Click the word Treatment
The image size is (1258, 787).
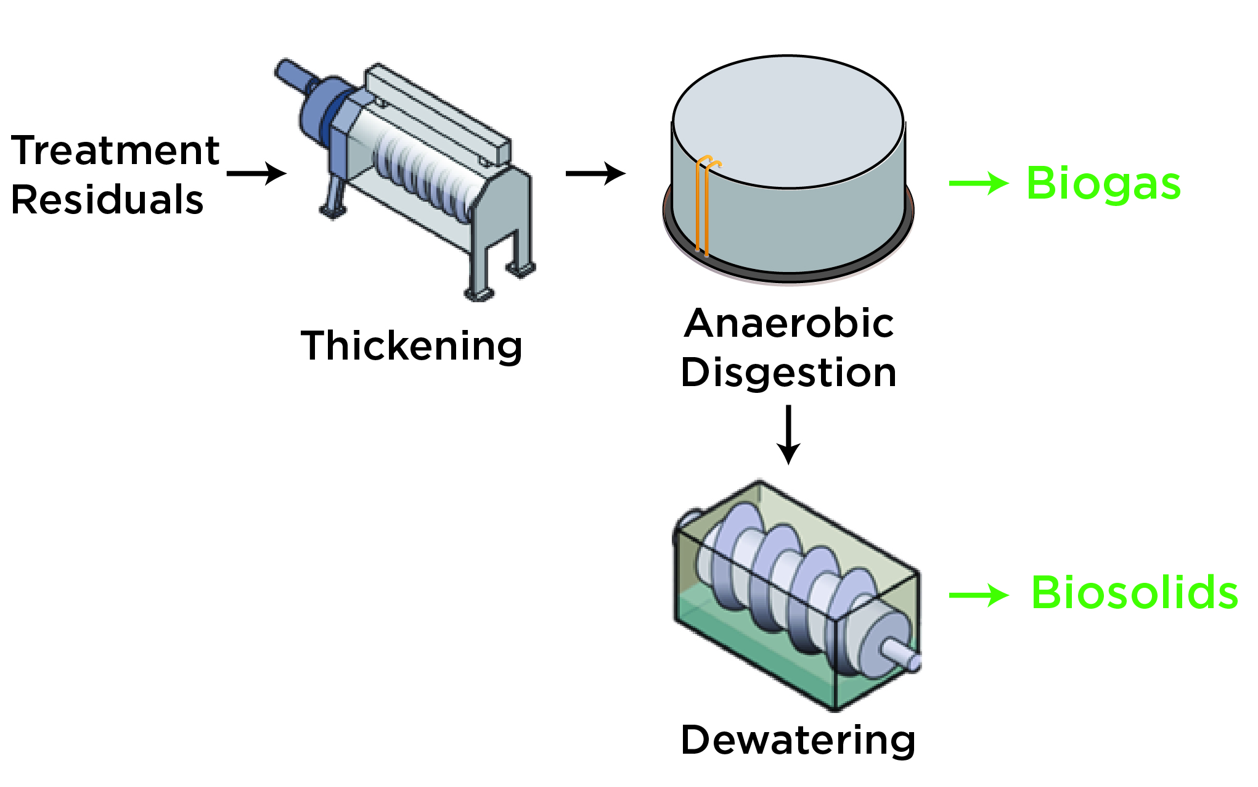pos(115,151)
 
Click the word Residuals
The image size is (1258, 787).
pos(107,200)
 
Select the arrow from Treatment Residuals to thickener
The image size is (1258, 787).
pos(256,173)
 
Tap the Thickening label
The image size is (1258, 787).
pos(411,346)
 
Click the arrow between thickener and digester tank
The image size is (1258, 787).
pos(595,173)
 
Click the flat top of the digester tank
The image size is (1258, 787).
pos(788,120)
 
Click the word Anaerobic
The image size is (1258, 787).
pos(789,323)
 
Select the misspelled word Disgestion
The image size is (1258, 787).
pos(789,373)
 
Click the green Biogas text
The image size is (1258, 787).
pos(1103,184)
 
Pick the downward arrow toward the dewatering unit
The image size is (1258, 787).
pos(788,434)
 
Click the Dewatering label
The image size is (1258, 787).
pos(798,740)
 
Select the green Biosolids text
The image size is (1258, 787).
pos(1134,593)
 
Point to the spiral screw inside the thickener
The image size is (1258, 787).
pos(425,173)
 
